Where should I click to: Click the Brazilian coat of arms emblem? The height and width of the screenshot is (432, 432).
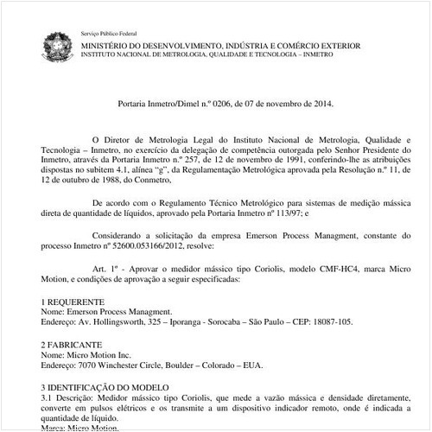tap(60, 43)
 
